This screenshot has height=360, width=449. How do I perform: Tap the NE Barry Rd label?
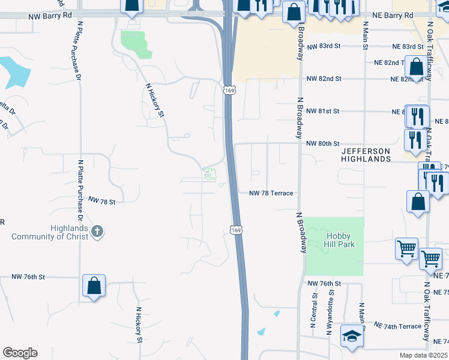coord(392,14)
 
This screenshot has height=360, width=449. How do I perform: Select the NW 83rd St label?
coord(323,46)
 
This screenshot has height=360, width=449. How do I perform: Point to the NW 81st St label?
coord(323,111)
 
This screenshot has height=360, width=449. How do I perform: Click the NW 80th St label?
coord(323,144)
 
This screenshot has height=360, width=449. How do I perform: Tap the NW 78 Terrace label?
coord(271,193)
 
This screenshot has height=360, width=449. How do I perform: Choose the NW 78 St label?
coord(101,200)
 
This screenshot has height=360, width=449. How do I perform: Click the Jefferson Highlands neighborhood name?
coord(366,155)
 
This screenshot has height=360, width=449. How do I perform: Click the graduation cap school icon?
coord(352,337)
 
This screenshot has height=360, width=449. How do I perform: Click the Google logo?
coord(20,353)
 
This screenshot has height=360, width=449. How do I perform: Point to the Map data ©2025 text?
coord(424,355)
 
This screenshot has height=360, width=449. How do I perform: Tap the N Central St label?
coord(313,310)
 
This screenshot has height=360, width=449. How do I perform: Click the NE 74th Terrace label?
coord(397,326)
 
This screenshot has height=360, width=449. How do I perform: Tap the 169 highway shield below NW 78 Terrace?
coord(237,230)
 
